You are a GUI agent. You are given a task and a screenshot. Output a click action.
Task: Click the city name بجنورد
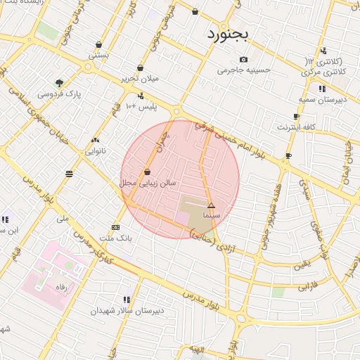(x=228, y=34)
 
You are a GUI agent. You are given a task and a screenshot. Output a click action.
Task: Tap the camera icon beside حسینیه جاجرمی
(x=243, y=60)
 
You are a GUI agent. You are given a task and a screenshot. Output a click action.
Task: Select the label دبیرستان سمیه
(x=322, y=100)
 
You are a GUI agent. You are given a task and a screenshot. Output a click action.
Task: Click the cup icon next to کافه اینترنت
(x=296, y=117)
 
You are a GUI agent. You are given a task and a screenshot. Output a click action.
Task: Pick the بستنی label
(x=98, y=54)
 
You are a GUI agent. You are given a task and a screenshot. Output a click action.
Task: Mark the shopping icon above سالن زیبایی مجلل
(x=146, y=172)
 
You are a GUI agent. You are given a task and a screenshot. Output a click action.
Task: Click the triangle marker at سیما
(x=211, y=205)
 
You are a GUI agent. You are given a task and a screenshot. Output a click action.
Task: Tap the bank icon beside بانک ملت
(x=116, y=227)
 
